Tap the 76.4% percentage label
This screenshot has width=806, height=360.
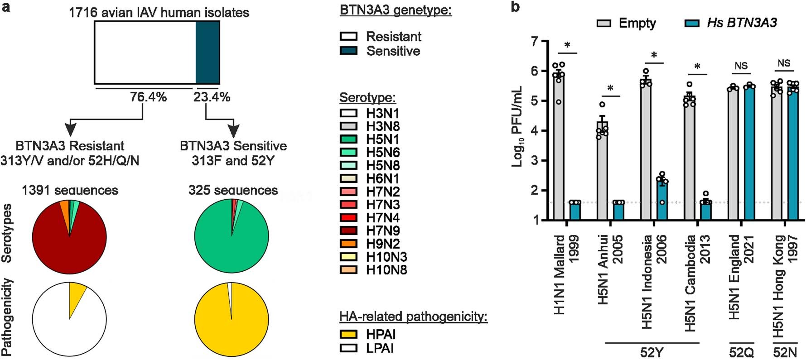pyautogui.click(x=148, y=97)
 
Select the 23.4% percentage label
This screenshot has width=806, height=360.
pyautogui.click(x=212, y=97)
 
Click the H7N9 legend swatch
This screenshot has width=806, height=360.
pyautogui.click(x=348, y=231)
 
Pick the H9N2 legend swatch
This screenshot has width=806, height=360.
pyautogui.click(x=348, y=244)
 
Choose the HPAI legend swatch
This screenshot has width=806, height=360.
pyautogui.click(x=348, y=335)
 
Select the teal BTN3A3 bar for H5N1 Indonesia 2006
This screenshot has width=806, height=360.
pyautogui.click(x=662, y=200)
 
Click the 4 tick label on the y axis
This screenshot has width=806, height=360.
pyautogui.click(x=535, y=131)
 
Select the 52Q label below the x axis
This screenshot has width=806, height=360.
pyautogui.click(x=741, y=352)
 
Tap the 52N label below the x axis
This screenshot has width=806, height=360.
pyautogui.click(x=785, y=352)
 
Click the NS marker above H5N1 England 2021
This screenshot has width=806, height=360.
pyautogui.click(x=741, y=66)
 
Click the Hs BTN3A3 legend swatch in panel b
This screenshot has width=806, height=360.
pyautogui.click(x=692, y=23)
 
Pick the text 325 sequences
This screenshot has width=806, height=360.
pyautogui.click(x=233, y=190)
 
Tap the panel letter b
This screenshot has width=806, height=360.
pyautogui.click(x=515, y=7)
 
